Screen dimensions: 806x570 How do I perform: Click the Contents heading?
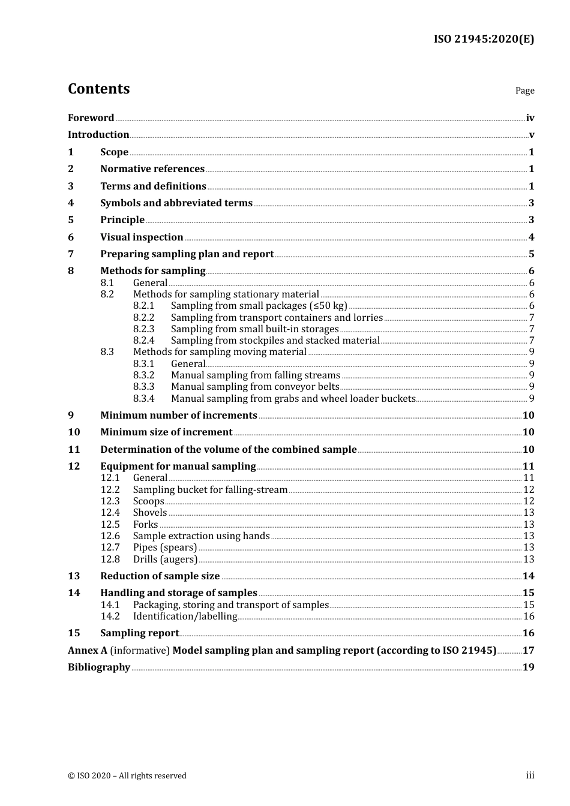point(98,89)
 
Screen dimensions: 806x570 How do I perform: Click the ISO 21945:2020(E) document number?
point(484,39)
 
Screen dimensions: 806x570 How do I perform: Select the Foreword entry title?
point(91,118)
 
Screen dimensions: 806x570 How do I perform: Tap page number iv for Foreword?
point(530,118)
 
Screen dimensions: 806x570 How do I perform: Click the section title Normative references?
point(152,169)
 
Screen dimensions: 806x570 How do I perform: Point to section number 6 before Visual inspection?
point(71,237)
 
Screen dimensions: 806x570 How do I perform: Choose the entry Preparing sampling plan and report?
point(187,254)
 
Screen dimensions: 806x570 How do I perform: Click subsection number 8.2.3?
point(143,329)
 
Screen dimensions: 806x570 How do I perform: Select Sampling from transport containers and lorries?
point(277,318)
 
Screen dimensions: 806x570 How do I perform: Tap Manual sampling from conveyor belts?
point(255,387)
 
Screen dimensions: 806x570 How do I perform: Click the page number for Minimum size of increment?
point(528,432)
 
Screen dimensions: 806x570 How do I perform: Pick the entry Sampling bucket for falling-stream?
point(210,490)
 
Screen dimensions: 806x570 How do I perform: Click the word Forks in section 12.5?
point(145,525)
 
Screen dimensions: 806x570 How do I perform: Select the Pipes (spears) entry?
point(164,548)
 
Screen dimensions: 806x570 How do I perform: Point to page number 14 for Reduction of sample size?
point(528,576)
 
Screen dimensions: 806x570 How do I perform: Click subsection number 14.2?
point(110,616)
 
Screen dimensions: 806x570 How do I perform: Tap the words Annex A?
point(88,651)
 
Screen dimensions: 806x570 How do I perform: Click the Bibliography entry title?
point(99,667)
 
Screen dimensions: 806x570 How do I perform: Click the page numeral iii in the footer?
point(530,775)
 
